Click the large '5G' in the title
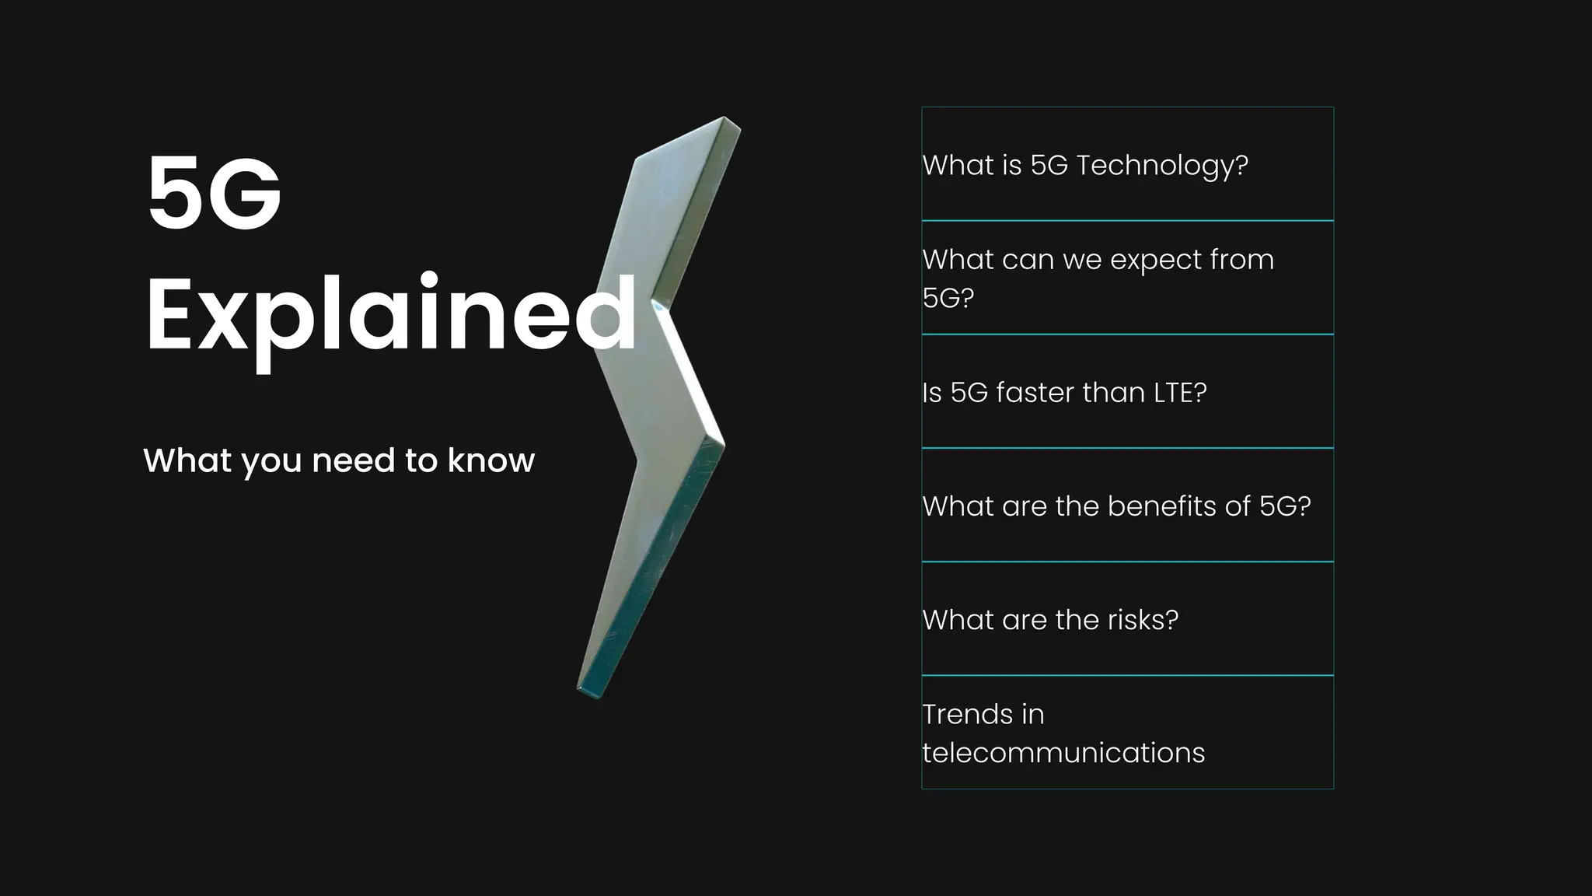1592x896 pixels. [x=214, y=193]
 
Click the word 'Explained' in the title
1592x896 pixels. [x=390, y=315]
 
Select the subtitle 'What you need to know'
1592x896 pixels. [x=339, y=460]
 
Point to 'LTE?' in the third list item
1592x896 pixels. [x=1180, y=393]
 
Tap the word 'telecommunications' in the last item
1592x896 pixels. [x=1063, y=753]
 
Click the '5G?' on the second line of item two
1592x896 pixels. [x=948, y=298]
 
